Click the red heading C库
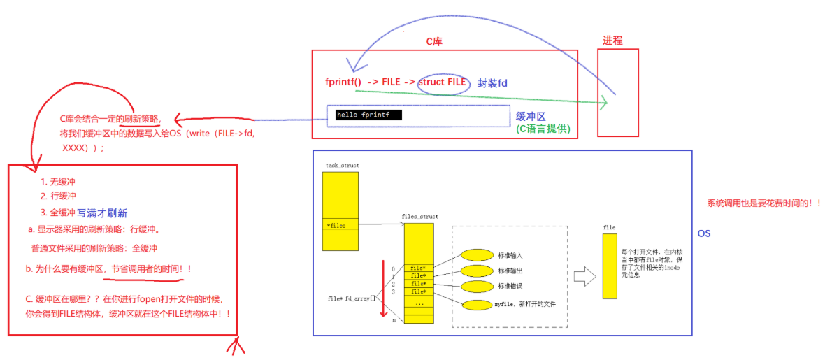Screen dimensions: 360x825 click(434, 42)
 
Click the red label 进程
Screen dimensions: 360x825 click(612, 40)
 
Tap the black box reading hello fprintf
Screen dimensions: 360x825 click(368, 115)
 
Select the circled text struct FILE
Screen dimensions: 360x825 click(442, 82)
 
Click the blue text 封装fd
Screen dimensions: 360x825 click(492, 83)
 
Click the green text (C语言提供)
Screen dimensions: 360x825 click(543, 129)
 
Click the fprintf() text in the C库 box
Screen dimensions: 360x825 click(343, 82)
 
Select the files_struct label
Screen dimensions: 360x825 click(419, 217)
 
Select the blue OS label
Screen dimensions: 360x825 click(704, 233)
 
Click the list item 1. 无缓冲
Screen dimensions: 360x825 click(58, 182)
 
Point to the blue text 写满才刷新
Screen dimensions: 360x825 click(102, 212)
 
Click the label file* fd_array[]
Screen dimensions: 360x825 click(351, 298)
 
